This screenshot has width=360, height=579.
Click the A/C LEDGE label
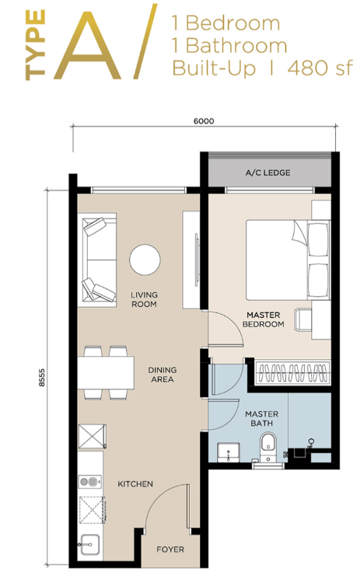267,173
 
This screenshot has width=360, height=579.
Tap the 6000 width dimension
204,120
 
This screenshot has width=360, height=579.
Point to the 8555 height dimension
42,378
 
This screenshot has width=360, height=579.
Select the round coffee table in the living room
145,260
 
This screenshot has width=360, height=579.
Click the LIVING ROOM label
144,299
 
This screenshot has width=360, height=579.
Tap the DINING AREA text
163,375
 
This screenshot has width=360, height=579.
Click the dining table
106,372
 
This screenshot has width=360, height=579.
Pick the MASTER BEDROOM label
263,319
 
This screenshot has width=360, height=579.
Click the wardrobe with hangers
292,371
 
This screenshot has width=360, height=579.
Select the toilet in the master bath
268,446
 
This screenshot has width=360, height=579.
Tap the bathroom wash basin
229,452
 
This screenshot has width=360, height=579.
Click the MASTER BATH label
262,418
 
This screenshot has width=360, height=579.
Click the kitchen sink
90,544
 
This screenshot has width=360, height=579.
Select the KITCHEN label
135,483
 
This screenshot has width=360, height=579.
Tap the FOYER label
170,549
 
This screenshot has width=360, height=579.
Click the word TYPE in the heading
36,45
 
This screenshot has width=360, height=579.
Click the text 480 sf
320,68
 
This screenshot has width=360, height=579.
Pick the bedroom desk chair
302,319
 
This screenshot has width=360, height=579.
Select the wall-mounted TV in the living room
196,260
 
